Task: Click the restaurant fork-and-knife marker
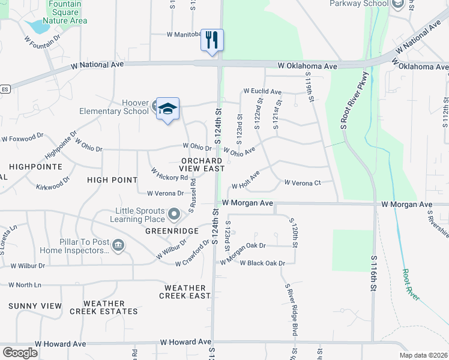pyautogui.click(x=212, y=40)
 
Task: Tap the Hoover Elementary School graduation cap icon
pyautogui.click(x=168, y=108)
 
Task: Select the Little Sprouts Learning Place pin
pyautogui.click(x=174, y=214)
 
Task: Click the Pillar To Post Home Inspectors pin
pyautogui.click(x=118, y=244)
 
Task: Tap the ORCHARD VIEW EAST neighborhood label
pyautogui.click(x=202, y=165)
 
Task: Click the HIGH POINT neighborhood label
pyautogui.click(x=112, y=180)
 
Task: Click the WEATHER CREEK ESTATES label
pyautogui.click(x=104, y=307)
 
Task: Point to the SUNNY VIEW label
pyautogui.click(x=35, y=306)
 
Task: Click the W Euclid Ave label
pyautogui.click(x=262, y=92)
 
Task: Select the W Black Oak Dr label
pyautogui.click(x=262, y=263)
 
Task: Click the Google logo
pyautogui.click(x=20, y=352)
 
